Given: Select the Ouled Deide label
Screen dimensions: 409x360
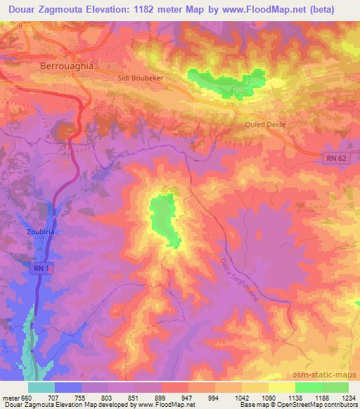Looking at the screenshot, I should [265, 124].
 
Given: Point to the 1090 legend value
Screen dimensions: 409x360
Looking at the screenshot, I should [269, 398].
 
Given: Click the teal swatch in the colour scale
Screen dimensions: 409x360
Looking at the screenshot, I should [41, 387].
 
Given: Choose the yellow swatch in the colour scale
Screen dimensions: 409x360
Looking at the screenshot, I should [282, 387].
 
